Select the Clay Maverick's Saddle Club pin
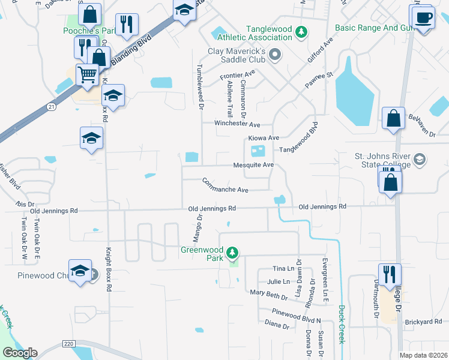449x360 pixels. [x=276, y=56]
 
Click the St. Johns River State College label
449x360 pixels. [x=382, y=160]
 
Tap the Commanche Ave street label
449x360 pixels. [x=225, y=185]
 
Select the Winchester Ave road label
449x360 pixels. [x=238, y=124]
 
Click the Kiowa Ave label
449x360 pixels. [x=264, y=137]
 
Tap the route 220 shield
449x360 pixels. [x=68, y=344]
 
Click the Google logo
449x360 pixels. [x=20, y=353]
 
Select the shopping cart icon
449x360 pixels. [x=87, y=74]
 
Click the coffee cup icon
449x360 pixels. [x=423, y=16]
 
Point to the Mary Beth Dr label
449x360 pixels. [x=269, y=294]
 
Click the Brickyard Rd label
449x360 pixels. [x=424, y=322]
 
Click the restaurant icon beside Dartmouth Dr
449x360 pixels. [x=390, y=275]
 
